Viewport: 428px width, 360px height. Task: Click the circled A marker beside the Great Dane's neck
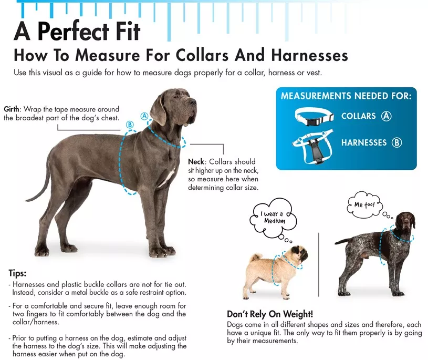[x=144, y=116]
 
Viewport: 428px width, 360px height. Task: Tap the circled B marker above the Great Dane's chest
[x=130, y=125]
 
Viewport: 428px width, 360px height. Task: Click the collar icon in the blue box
[x=314, y=117]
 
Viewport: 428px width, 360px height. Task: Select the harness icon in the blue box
[x=313, y=147]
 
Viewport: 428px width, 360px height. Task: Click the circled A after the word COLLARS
[x=386, y=116]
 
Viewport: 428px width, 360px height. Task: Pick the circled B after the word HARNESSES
[x=396, y=142]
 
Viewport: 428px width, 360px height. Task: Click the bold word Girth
[x=12, y=109]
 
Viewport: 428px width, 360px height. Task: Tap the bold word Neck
[x=196, y=161]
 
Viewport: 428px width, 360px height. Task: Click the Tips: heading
[x=17, y=273]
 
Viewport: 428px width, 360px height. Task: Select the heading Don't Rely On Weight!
[x=270, y=314]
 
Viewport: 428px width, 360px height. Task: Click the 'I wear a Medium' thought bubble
[x=273, y=218]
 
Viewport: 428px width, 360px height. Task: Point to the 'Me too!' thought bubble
[x=364, y=204]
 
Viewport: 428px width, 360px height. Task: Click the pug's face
[x=300, y=254]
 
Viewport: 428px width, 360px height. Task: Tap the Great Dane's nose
[x=193, y=102]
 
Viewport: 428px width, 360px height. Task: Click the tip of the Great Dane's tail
[x=26, y=200]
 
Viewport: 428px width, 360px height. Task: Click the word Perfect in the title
[x=74, y=32]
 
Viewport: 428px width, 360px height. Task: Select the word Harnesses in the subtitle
[x=309, y=55]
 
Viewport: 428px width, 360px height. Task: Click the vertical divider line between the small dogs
[x=319, y=265]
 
